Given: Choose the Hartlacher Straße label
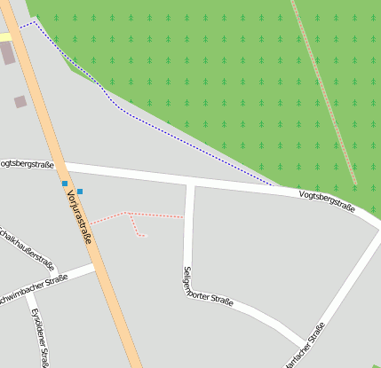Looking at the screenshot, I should (302, 347).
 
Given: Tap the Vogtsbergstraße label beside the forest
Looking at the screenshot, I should (327, 201).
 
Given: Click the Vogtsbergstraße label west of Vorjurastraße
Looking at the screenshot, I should (27, 164).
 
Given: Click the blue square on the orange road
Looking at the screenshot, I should (65, 184).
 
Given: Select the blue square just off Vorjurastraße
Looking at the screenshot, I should (80, 191).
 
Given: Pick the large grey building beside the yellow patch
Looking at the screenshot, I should (8, 52).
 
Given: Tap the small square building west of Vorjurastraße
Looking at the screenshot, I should (20, 102).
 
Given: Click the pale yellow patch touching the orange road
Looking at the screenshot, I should (4, 36).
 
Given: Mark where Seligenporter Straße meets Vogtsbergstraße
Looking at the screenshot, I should (189, 181).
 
